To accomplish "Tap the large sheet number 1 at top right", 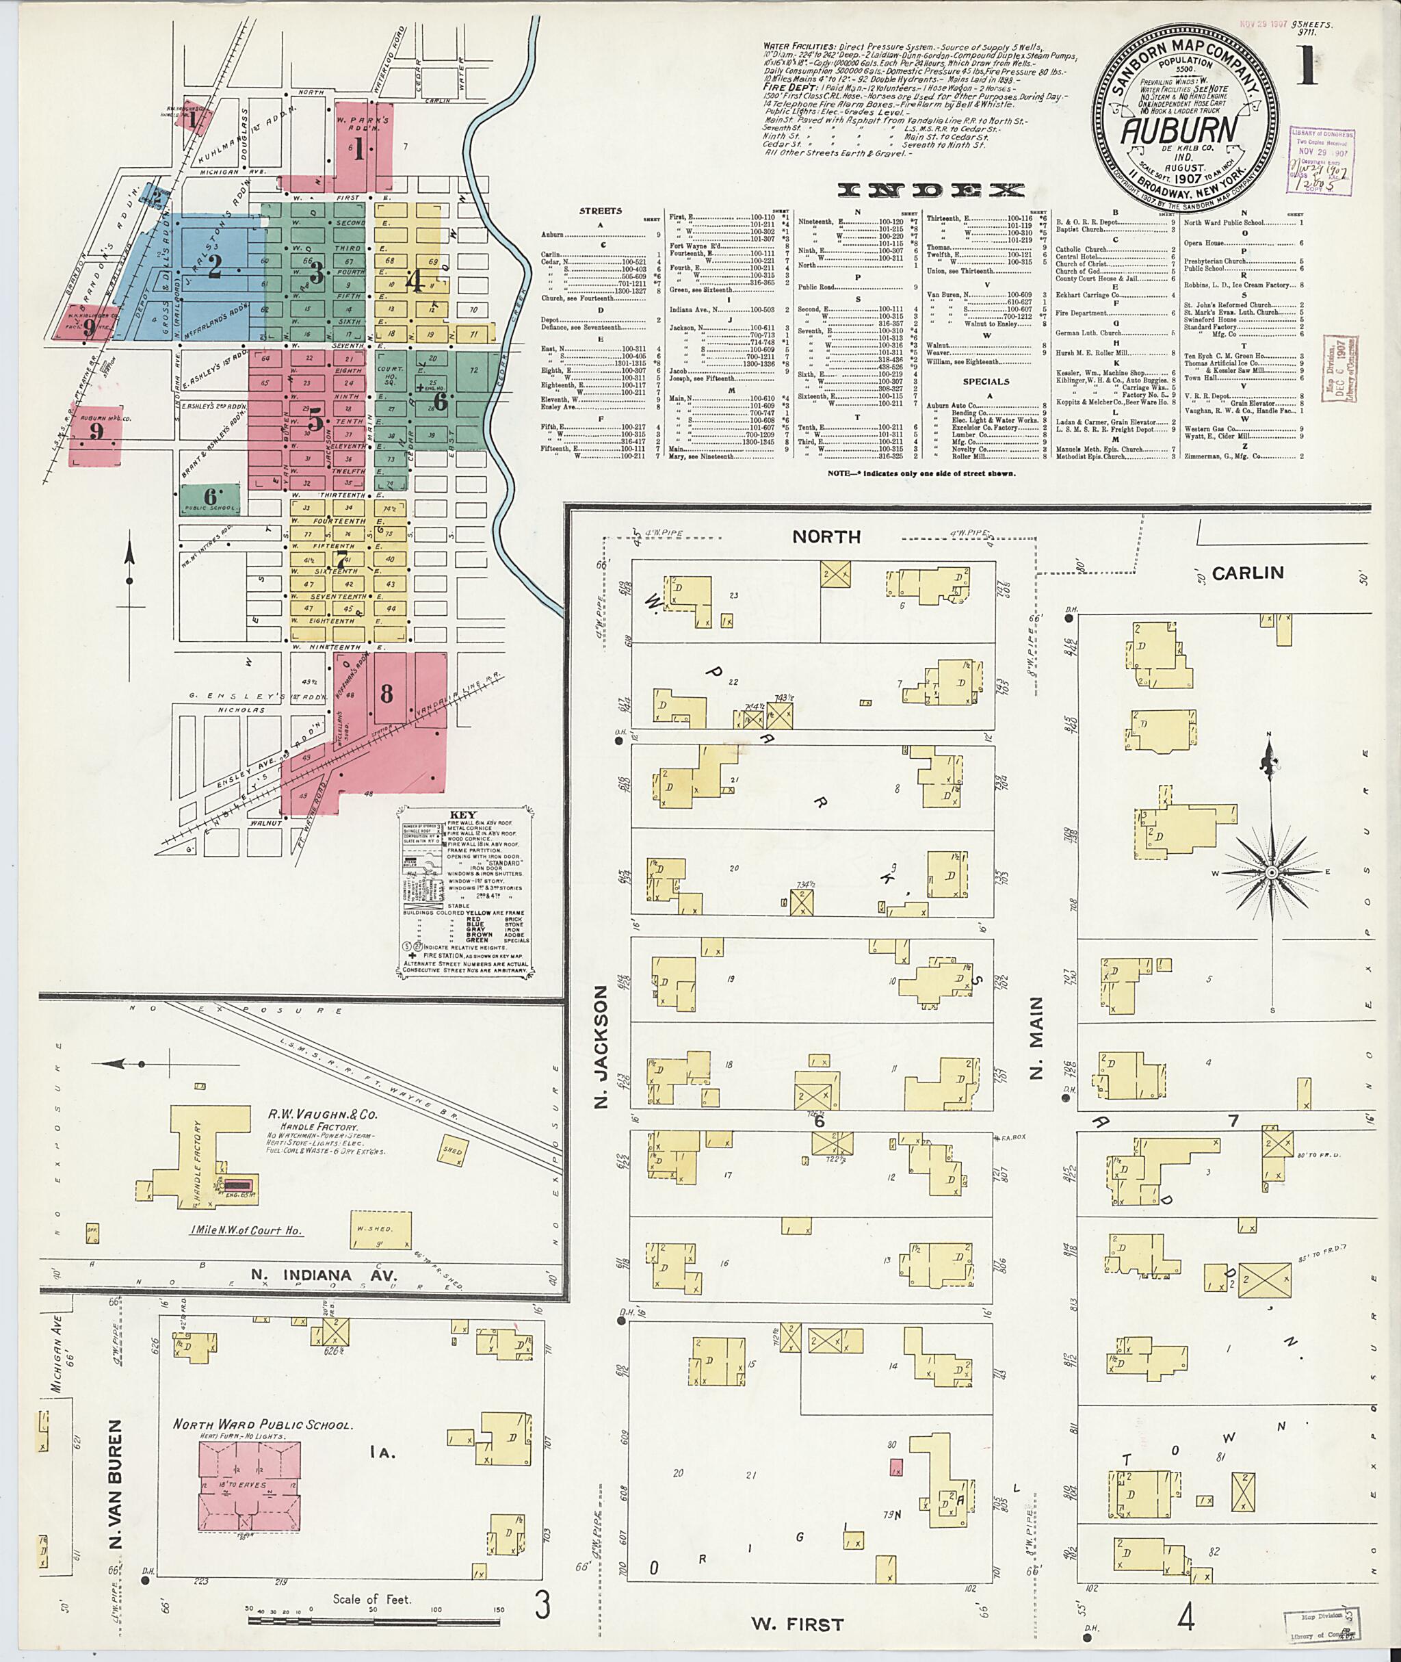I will click(x=1307, y=68).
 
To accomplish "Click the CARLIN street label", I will click(x=1248, y=573).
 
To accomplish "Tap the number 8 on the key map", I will click(x=387, y=694).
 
